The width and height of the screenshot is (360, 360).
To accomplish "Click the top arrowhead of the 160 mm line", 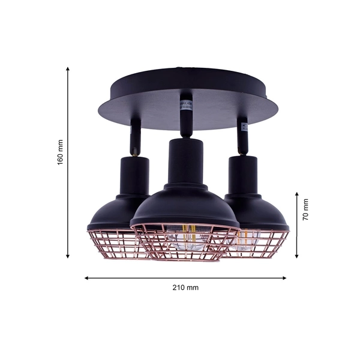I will [67, 70].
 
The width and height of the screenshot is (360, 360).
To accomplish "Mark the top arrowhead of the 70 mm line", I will [296, 194].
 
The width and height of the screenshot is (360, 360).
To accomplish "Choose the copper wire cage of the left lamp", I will [114, 245].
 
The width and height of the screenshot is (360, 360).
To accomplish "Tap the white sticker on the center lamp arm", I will [184, 107].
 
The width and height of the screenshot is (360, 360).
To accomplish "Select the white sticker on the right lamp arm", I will [244, 128].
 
